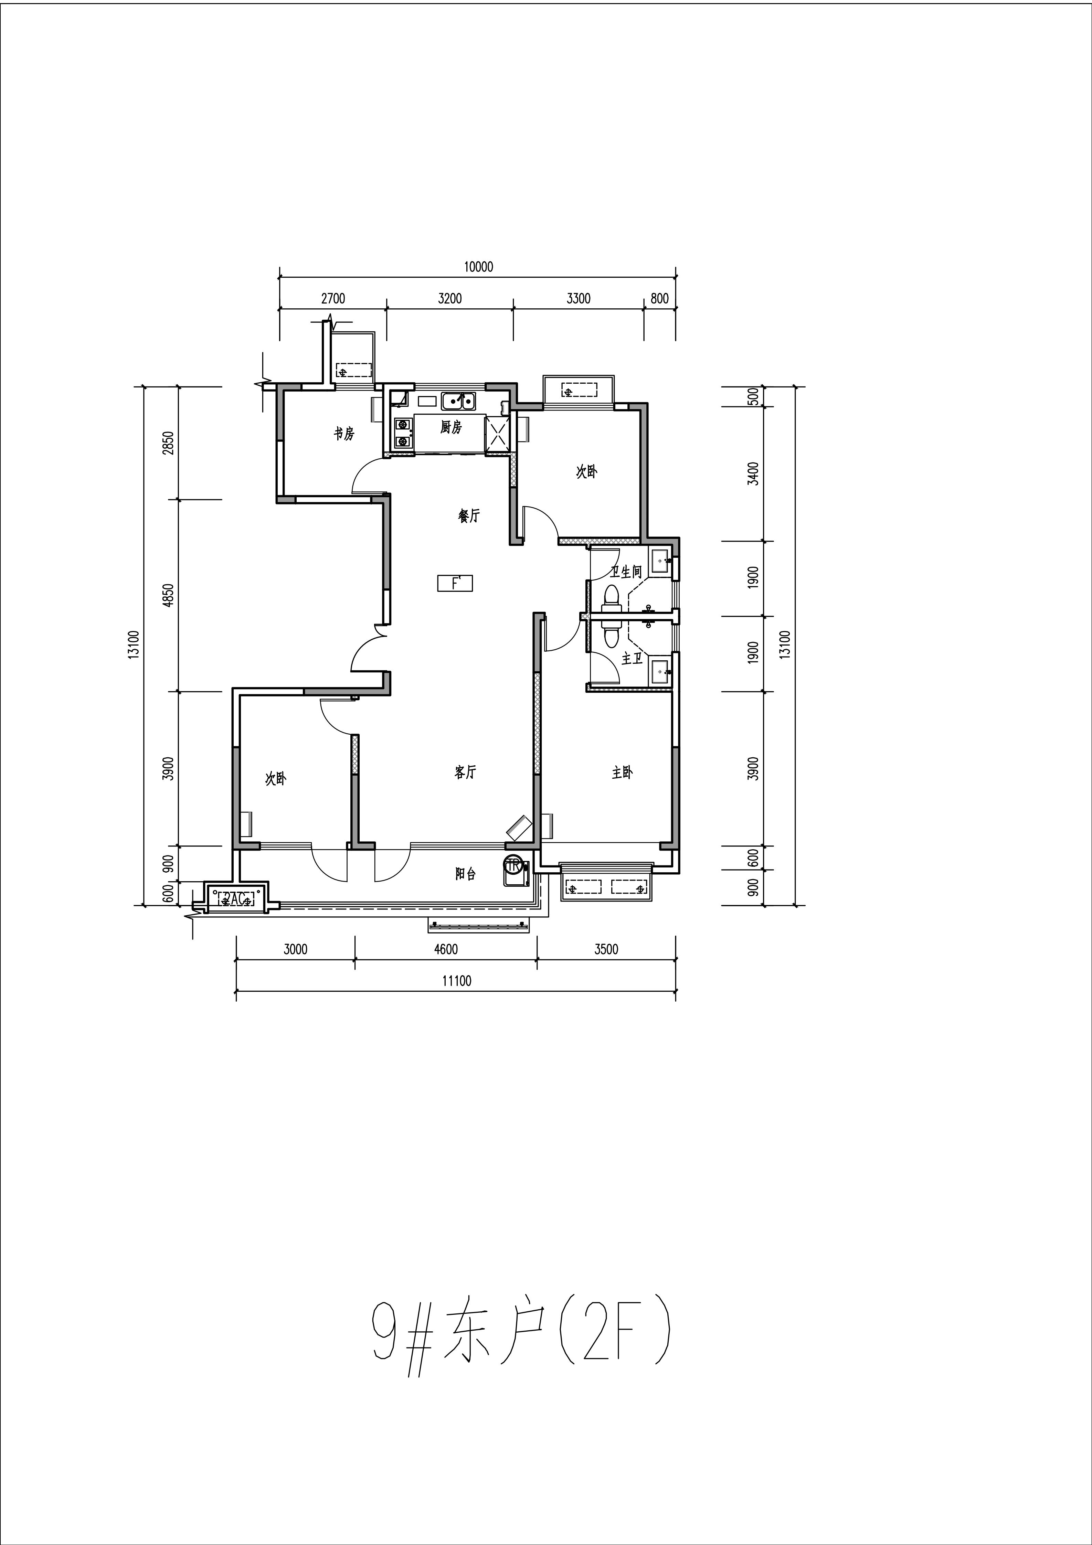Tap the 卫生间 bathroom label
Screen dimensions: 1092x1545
[x=626, y=572]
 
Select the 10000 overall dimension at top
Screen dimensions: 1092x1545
[x=478, y=266]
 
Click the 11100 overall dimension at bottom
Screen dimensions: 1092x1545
[x=457, y=981]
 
